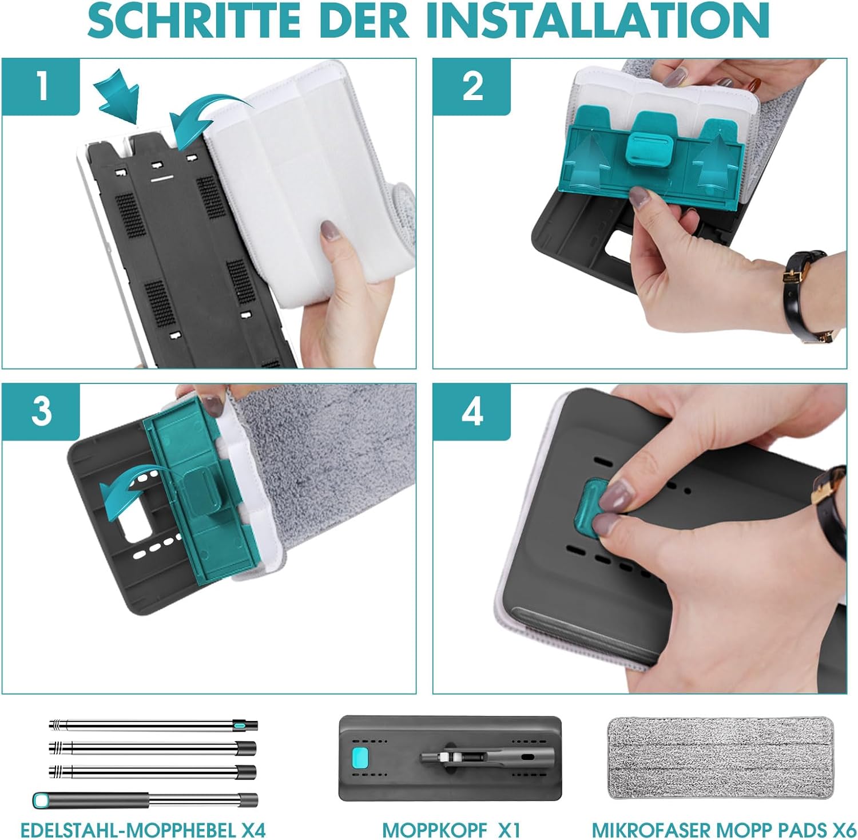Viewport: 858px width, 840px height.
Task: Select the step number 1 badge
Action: click(41, 86)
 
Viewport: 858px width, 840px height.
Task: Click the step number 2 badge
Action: click(472, 86)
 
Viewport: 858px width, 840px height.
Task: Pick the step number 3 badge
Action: click(41, 411)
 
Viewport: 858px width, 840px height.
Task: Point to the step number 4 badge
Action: click(472, 411)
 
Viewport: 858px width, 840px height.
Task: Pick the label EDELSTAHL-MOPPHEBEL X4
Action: click(143, 829)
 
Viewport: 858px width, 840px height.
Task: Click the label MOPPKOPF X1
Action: click(451, 829)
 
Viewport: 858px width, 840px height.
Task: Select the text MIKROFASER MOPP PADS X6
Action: click(724, 829)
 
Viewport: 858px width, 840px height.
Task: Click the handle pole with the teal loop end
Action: click(145, 799)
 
